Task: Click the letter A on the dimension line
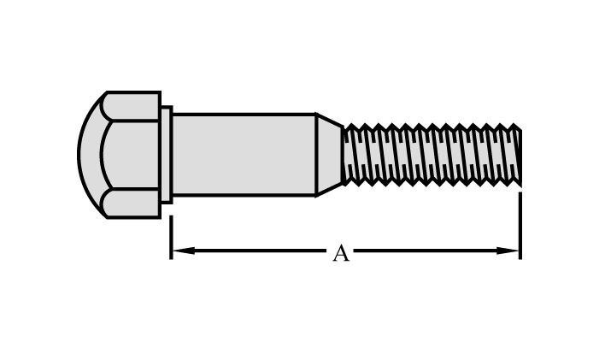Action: pos(341,253)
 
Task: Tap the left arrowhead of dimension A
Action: pos(179,251)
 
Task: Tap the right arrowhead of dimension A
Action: pos(512,251)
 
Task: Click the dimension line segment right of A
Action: pos(427,251)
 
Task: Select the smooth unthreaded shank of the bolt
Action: pos(244,155)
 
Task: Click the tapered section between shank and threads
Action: pos(329,155)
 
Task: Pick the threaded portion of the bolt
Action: pos(432,155)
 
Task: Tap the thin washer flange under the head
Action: pos(166,155)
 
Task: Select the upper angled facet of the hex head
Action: pos(132,106)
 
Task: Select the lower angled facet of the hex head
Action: pos(132,204)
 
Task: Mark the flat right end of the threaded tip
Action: pos(520,155)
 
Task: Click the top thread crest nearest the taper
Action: pos(351,127)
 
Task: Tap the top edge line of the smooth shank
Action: pos(244,114)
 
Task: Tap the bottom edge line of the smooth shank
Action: pos(244,196)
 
